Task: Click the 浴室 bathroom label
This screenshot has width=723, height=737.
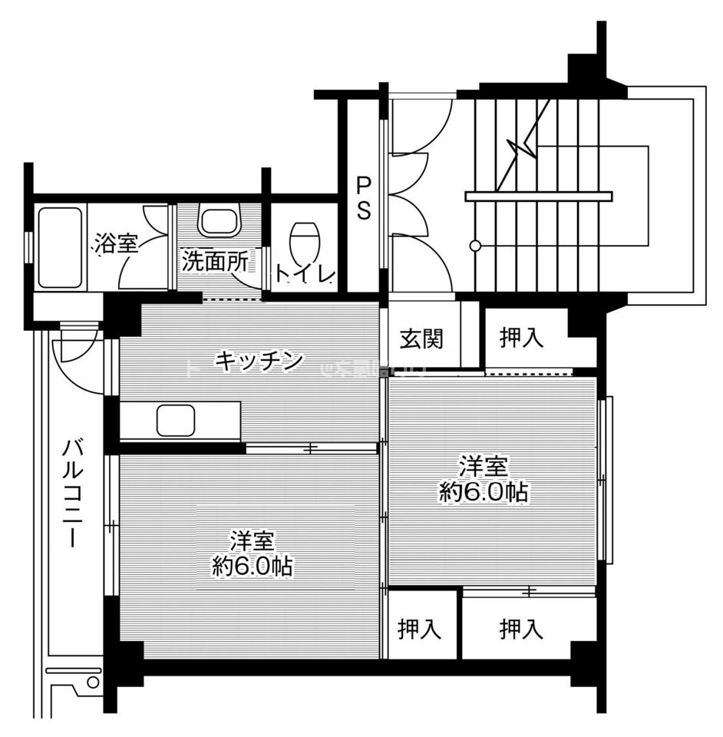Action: pos(117,244)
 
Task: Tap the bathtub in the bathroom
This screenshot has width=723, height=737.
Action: pos(60,247)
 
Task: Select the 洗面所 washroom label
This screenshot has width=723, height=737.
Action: pos(215,261)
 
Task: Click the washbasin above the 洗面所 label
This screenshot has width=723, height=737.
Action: pos(221,220)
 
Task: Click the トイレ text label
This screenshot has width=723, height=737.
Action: pos(305,274)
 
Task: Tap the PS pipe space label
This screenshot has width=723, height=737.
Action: pos(363,199)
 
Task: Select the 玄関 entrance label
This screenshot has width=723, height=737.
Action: pos(421,338)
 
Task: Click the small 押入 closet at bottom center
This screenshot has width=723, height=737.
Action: pos(420,630)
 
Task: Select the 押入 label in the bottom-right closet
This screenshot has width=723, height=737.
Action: pos(522,630)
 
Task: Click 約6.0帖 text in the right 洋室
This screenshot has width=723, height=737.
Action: pos(484,492)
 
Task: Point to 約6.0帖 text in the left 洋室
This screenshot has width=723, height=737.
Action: pos(253,567)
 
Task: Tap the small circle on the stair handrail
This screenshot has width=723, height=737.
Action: pos(475,246)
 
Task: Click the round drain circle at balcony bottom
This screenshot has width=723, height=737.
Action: pos(93,682)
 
